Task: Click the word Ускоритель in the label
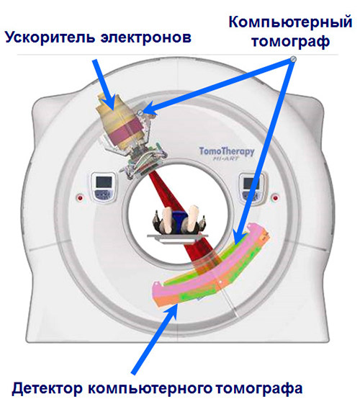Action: pos(50,37)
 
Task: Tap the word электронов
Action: pos(145,38)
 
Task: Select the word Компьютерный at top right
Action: pos(290,22)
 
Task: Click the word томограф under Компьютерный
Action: pos(290,42)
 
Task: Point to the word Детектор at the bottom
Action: pos(48,388)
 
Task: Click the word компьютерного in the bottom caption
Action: pos(150,389)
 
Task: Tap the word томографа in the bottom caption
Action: pos(259,389)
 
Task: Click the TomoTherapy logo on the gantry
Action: pos(227,153)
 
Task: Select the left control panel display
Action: pos(104,187)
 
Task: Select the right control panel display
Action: pos(251,187)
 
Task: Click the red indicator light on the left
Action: pos(80,197)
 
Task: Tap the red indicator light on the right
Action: pos(275,197)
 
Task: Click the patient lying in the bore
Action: pos(179,220)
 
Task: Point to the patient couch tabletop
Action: pos(178,237)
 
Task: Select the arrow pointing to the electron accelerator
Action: pos(104,84)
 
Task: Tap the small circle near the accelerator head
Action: pos(140,113)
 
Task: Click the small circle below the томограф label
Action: pos(294,59)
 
